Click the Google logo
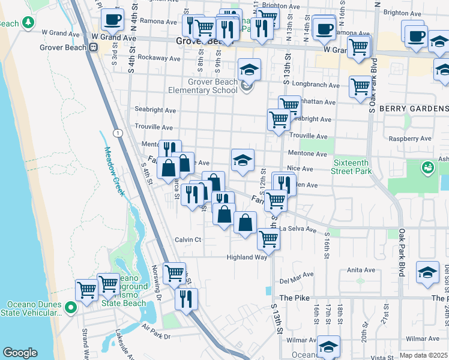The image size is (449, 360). [20, 353]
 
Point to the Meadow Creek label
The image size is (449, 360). [113, 171]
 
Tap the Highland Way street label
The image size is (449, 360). [246, 257]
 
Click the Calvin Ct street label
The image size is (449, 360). [187, 239]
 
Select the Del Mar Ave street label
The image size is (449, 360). [297, 277]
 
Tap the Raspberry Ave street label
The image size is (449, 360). [410, 138]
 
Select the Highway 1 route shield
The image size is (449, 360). [118, 132]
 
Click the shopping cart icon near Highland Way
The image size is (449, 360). [268, 239]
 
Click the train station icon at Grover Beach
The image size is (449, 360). [94, 47]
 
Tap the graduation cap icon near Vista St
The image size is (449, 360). [328, 347]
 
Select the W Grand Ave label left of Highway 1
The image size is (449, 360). [56, 32]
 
